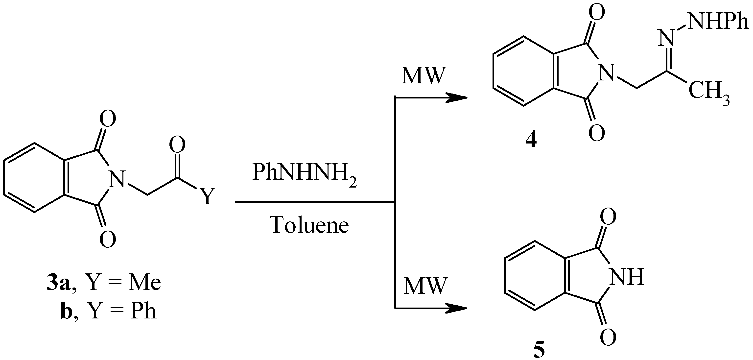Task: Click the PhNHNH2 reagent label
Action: (304, 175)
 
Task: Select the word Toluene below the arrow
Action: (310, 225)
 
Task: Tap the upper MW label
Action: (423, 76)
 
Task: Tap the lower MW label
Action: (425, 286)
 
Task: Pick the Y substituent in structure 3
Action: (207, 196)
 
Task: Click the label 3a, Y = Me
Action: (104, 283)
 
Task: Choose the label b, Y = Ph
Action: (108, 312)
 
